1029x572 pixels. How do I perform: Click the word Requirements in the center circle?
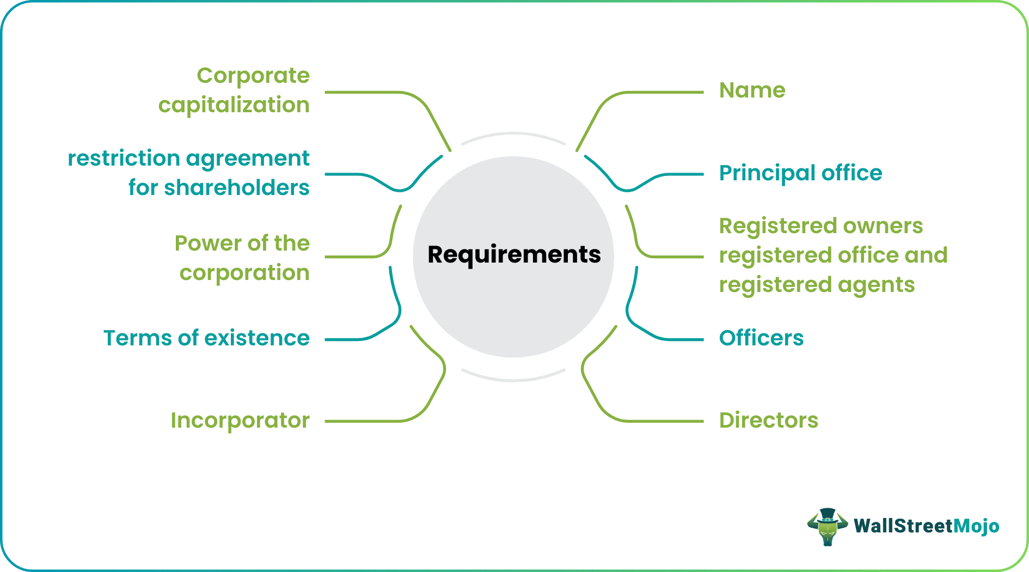point(514,255)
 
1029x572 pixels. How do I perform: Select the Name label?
point(752,90)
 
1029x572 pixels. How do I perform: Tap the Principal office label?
point(800,173)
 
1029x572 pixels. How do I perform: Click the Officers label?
point(761,338)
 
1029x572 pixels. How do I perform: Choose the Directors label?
point(768,421)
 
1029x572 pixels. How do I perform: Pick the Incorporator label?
point(240,421)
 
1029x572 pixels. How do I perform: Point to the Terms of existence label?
point(206,338)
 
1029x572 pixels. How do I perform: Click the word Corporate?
point(253,76)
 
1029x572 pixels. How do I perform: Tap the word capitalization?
point(234,105)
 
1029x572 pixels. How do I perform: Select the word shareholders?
point(236,188)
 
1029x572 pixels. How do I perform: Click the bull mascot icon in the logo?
point(827,526)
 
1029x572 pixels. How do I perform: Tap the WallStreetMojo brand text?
point(926,526)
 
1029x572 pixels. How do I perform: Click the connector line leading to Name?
point(653,93)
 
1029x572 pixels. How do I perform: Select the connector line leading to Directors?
point(653,421)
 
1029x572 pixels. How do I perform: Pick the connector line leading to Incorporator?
point(370,421)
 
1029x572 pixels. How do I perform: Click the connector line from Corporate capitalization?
point(370,93)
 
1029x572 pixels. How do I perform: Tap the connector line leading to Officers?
point(675,339)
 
